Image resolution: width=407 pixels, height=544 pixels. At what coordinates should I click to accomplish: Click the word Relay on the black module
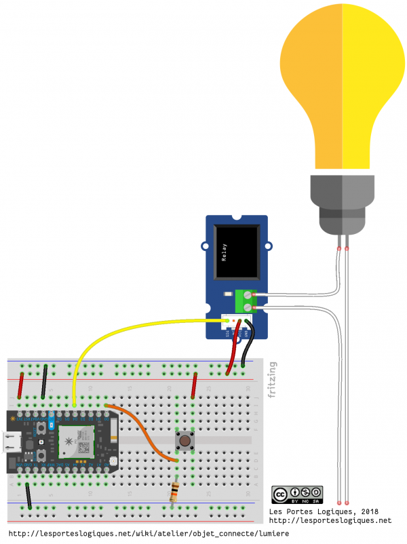coord(224,254)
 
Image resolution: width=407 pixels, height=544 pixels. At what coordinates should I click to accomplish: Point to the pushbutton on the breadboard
coord(183,441)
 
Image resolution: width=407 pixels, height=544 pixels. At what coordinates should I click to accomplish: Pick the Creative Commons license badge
coord(296,495)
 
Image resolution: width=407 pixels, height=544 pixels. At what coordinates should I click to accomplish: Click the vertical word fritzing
coord(272,380)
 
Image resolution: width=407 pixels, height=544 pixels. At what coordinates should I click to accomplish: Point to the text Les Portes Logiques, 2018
coord(324,511)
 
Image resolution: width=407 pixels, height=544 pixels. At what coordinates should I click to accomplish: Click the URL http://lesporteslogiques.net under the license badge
coord(330,520)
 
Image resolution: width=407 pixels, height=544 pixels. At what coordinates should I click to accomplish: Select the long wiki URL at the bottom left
coord(149,534)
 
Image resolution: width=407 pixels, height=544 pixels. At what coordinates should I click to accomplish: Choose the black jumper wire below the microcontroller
coord(28,496)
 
